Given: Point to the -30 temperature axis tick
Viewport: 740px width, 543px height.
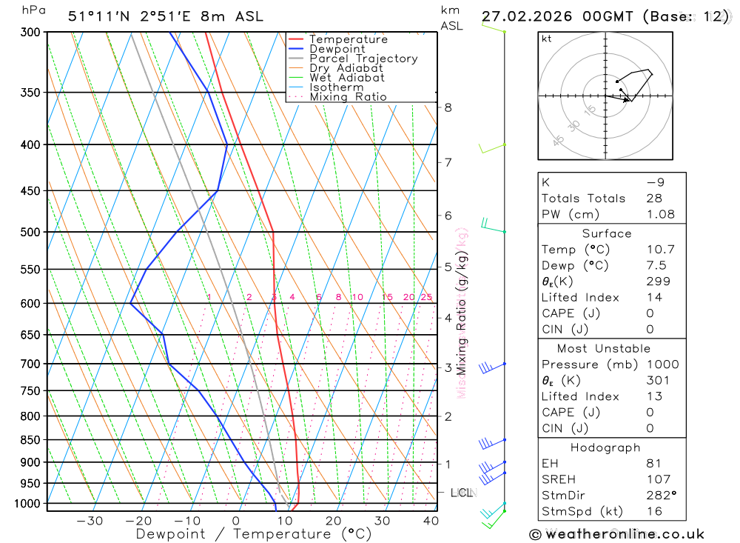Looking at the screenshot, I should pos(90,521).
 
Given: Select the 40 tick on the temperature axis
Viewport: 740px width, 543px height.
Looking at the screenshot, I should pos(431,521).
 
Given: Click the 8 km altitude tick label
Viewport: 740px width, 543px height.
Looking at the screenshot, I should pos(448,107).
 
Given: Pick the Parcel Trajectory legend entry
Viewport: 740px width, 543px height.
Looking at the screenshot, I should pos(363,59).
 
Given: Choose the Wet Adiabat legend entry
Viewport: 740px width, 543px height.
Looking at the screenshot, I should pos(346,78).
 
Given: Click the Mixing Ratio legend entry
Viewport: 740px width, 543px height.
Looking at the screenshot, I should pos(348,97).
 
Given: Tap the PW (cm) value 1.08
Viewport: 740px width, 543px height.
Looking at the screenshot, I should pos(660,214).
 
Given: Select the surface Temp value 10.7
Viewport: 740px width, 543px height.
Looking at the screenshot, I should pos(660,250).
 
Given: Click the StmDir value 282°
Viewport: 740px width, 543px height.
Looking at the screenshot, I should pos(660,496).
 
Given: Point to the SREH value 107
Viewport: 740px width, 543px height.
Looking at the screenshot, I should pos(658,479).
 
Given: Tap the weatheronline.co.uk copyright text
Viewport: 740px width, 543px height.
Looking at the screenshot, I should pos(616,534).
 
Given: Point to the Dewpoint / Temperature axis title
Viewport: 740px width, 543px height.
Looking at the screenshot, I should pos(253,534).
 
